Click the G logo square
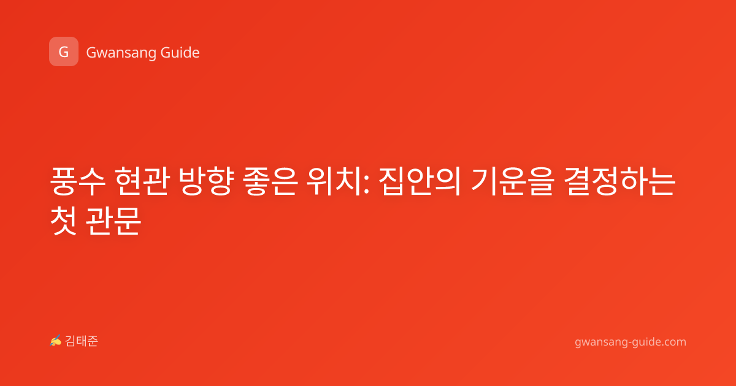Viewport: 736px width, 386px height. coord(64,51)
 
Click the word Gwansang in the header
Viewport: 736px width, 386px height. coord(121,53)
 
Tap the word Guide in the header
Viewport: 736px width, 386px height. coord(180,52)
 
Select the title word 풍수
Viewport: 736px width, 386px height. coord(78,181)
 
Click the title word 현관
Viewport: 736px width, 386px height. coord(142,181)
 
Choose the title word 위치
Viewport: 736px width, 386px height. coord(334,181)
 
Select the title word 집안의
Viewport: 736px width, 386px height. coord(420,181)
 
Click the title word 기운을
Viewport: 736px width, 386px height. coord(513,181)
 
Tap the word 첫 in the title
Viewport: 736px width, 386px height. coord(63,221)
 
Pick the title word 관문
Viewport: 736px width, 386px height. coord(113,221)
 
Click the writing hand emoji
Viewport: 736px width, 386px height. coord(56,341)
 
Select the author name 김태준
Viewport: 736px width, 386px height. coord(82,341)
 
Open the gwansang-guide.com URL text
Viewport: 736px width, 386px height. coord(631,342)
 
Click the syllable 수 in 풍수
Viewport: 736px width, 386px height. coord(93,181)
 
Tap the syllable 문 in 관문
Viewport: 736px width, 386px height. coord(128,221)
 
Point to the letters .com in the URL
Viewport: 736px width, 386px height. coord(673,342)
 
